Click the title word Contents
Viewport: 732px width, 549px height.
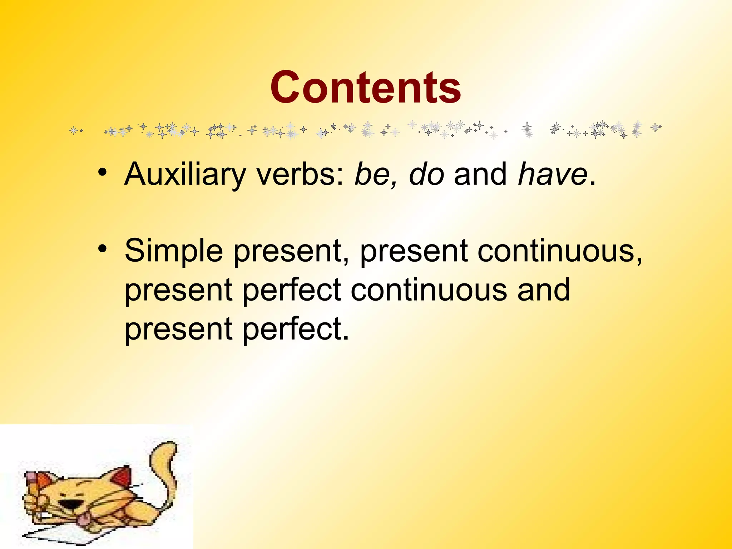click(x=365, y=88)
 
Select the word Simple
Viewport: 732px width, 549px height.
click(x=173, y=251)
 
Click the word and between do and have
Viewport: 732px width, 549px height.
click(x=480, y=174)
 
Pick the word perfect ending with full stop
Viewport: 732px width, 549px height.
click(x=295, y=329)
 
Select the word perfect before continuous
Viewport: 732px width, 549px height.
click(x=291, y=290)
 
